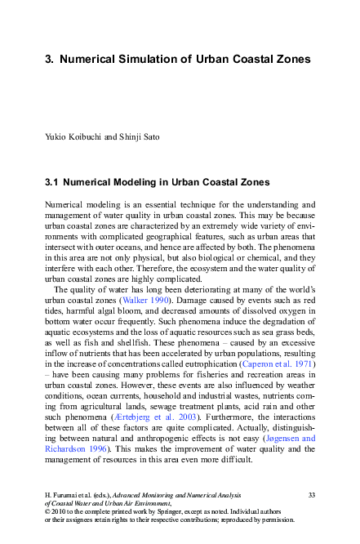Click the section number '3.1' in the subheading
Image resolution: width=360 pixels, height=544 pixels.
51,181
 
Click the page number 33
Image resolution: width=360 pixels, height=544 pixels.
311,495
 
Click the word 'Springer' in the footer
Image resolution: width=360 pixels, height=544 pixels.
163,511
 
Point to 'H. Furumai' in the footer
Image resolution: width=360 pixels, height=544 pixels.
60,495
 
